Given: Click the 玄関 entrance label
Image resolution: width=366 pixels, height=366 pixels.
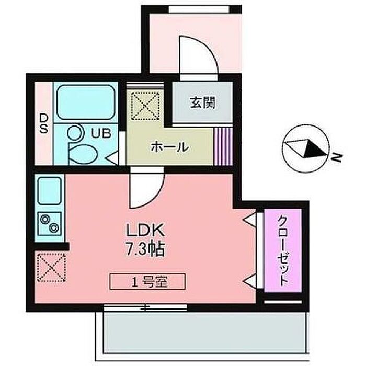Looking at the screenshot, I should tap(202, 103).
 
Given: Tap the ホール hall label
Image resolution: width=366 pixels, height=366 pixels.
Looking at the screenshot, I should tap(169, 147).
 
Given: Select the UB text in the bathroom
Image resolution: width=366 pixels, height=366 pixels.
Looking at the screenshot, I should tap(101, 133).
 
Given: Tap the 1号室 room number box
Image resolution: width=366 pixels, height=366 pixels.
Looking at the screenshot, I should tap(147, 282).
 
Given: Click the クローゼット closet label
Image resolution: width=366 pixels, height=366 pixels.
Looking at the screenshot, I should tap(282, 250).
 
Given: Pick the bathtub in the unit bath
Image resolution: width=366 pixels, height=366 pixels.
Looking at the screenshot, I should tap(85, 102).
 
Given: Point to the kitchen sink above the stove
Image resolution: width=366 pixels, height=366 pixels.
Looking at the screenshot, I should tap(50, 191).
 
